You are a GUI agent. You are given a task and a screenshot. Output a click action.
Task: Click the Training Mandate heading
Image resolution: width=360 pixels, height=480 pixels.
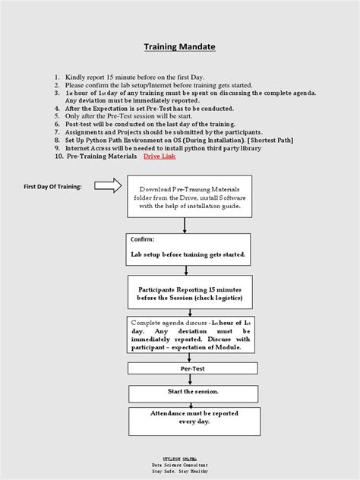180,47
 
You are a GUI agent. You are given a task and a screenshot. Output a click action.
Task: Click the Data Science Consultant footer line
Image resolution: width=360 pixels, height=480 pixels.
180,463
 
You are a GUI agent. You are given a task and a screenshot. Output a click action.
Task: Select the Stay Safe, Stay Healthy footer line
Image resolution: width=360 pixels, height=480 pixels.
180,471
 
